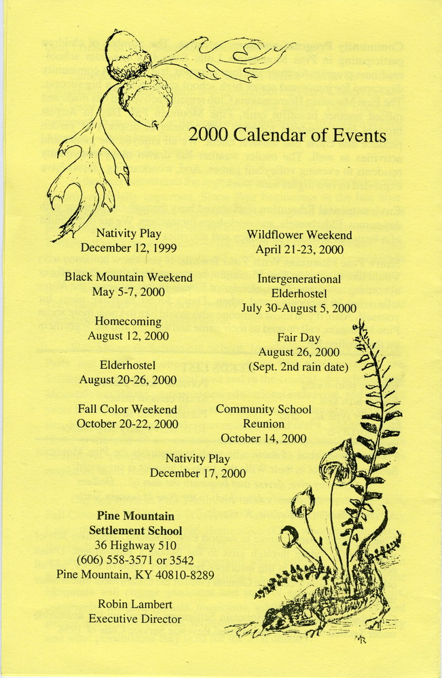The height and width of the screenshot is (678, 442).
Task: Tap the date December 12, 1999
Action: click(x=128, y=248)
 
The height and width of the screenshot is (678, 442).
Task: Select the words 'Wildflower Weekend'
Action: click(x=299, y=235)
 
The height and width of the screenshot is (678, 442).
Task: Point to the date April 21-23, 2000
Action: click(x=299, y=249)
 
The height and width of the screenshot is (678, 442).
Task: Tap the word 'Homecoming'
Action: click(x=128, y=321)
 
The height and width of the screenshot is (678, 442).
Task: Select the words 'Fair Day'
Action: click(x=299, y=338)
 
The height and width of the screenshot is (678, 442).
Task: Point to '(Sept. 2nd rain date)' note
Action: click(x=299, y=367)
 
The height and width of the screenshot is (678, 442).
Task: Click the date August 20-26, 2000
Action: click(x=128, y=380)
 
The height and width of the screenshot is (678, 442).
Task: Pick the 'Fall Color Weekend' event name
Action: click(x=127, y=410)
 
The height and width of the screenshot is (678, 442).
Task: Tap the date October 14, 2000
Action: click(x=263, y=438)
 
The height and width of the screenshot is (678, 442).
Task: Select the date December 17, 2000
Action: click(x=198, y=473)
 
